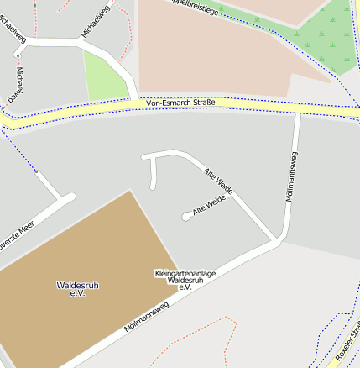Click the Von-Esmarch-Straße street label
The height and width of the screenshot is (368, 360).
180,103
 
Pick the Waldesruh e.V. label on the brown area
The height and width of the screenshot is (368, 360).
77,289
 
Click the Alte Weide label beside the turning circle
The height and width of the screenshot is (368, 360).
210,207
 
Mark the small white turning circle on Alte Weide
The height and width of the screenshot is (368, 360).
186,217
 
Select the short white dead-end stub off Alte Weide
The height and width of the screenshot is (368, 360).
153,174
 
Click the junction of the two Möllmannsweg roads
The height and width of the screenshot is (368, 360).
276,242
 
